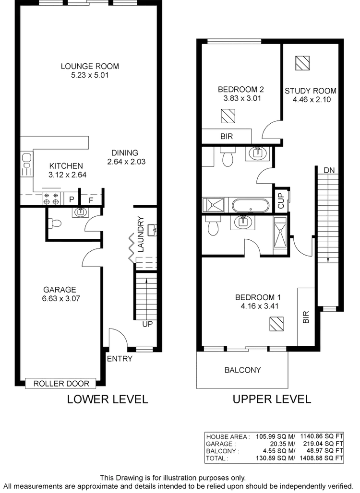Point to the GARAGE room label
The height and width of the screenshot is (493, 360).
[60, 290]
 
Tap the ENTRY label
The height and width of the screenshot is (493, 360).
[120, 358]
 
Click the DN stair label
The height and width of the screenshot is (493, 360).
[329, 170]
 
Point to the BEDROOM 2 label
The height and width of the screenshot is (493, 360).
[240, 90]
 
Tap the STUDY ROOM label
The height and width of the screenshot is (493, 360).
[310, 91]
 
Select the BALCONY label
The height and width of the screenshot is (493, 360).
[242, 370]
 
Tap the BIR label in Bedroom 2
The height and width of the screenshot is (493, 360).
[226, 137]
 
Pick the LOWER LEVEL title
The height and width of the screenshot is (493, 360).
[107, 399]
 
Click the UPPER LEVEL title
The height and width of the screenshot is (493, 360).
[272, 399]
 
